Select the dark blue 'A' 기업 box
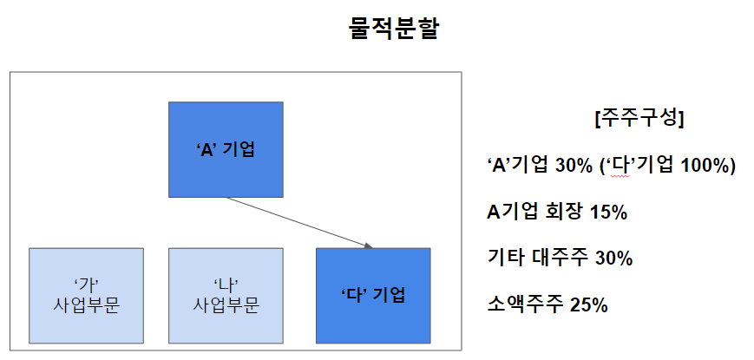[x=226, y=148]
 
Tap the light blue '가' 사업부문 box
[x=87, y=295]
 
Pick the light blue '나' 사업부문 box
[x=226, y=295]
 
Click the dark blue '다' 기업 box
[x=373, y=295]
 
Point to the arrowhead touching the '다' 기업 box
[x=369, y=246]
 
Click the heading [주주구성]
[x=639, y=120]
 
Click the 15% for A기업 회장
[x=607, y=213]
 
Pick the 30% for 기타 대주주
[x=613, y=259]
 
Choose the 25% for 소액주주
[x=589, y=304]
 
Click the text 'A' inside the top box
[x=206, y=148]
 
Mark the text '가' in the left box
[x=87, y=285]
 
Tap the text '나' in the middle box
[x=226, y=285]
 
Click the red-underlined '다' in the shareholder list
[x=619, y=166]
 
